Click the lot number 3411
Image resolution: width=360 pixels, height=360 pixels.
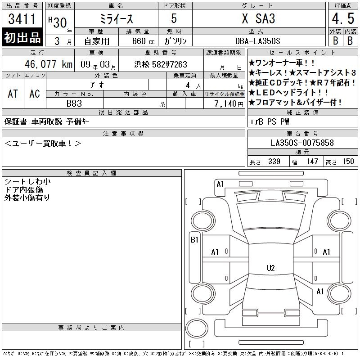[x=22, y=18]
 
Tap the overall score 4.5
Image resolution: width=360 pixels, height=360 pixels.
[x=343, y=18]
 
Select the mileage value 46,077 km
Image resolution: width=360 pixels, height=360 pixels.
[x=49, y=64]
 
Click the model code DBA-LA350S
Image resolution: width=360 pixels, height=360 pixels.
[x=257, y=41]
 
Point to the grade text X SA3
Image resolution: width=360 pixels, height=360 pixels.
[x=258, y=18]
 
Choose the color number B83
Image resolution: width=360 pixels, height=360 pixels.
[x=74, y=103]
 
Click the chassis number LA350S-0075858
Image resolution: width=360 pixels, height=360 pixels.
[x=302, y=143]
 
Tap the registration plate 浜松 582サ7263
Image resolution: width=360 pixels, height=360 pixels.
[x=161, y=64]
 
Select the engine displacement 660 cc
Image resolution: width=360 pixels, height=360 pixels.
[x=143, y=41]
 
